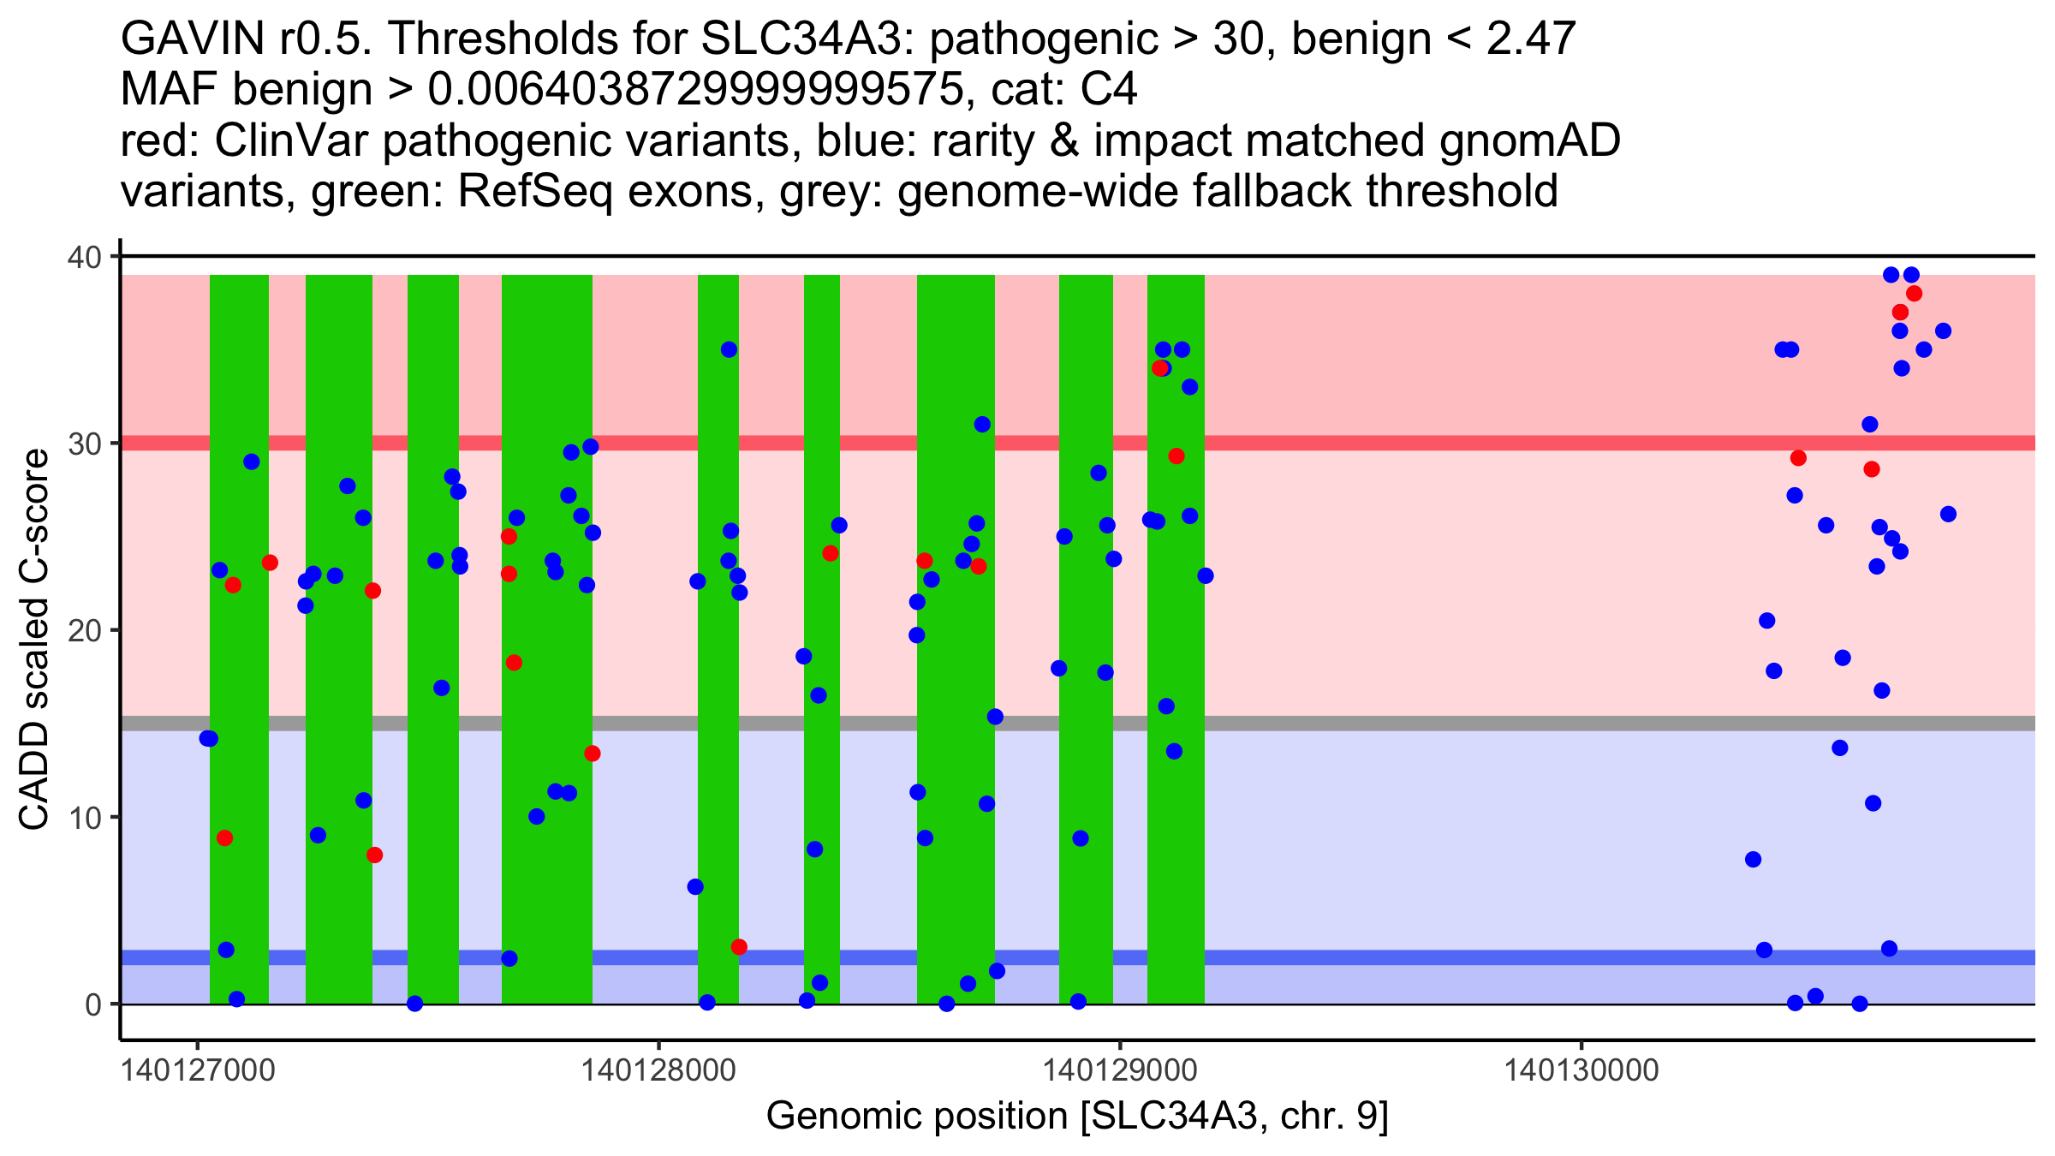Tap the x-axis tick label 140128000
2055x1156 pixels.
[658, 1070]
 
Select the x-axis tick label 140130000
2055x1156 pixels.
[1581, 1070]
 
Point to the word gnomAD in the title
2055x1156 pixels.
[1529, 140]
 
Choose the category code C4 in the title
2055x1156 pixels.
[1109, 89]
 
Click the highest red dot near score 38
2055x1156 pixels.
[1914, 294]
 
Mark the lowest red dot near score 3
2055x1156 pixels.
[739, 947]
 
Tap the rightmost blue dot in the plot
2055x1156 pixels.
[1948, 514]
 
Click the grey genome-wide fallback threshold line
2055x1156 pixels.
[1456, 724]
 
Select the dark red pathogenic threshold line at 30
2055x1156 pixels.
[1456, 443]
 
